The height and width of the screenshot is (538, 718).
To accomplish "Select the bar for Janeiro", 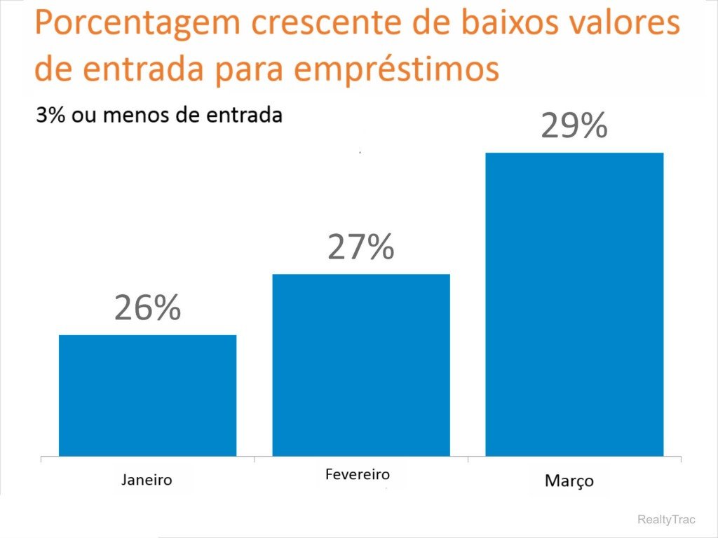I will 147,395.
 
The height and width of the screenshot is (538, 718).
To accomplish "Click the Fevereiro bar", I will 360,364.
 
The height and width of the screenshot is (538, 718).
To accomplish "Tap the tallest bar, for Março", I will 574,304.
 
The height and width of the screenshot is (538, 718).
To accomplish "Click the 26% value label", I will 147,308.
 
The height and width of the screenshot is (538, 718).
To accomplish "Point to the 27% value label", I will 360,247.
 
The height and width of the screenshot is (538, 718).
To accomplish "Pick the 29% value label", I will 574,127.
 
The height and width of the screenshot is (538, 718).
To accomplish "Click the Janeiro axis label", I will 147,480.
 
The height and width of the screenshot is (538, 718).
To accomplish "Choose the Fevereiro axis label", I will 358,474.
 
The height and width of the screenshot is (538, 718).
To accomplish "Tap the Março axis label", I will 569,481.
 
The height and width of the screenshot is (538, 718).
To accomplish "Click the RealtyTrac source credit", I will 666,519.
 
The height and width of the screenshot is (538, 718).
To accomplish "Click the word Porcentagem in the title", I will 136,25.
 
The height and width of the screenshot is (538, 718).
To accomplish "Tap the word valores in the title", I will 620,25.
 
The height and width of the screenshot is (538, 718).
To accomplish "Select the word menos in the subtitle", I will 130,116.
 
